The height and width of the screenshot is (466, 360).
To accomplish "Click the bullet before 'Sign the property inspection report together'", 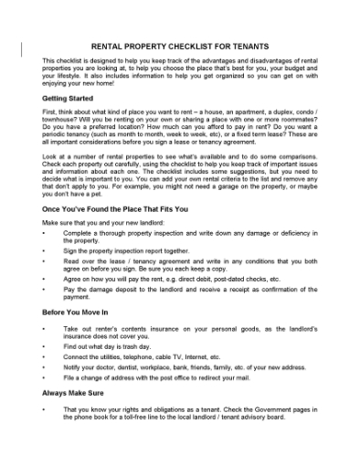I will coord(44,249).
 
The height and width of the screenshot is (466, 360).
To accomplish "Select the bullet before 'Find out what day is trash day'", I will coord(44,347).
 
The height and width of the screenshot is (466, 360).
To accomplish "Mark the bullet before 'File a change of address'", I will coord(44,376).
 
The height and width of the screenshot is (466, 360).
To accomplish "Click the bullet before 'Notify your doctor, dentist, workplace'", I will coord(44,366).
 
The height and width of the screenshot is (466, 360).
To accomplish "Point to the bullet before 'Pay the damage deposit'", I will coord(44,289).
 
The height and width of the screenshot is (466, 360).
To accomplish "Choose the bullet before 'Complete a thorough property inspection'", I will coord(44,233).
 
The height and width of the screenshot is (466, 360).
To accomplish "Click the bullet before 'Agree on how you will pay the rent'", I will coord(44,279).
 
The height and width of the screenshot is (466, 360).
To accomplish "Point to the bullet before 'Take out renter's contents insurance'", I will coord(44,327).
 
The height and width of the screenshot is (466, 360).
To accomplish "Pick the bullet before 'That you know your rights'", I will coord(44,408).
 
